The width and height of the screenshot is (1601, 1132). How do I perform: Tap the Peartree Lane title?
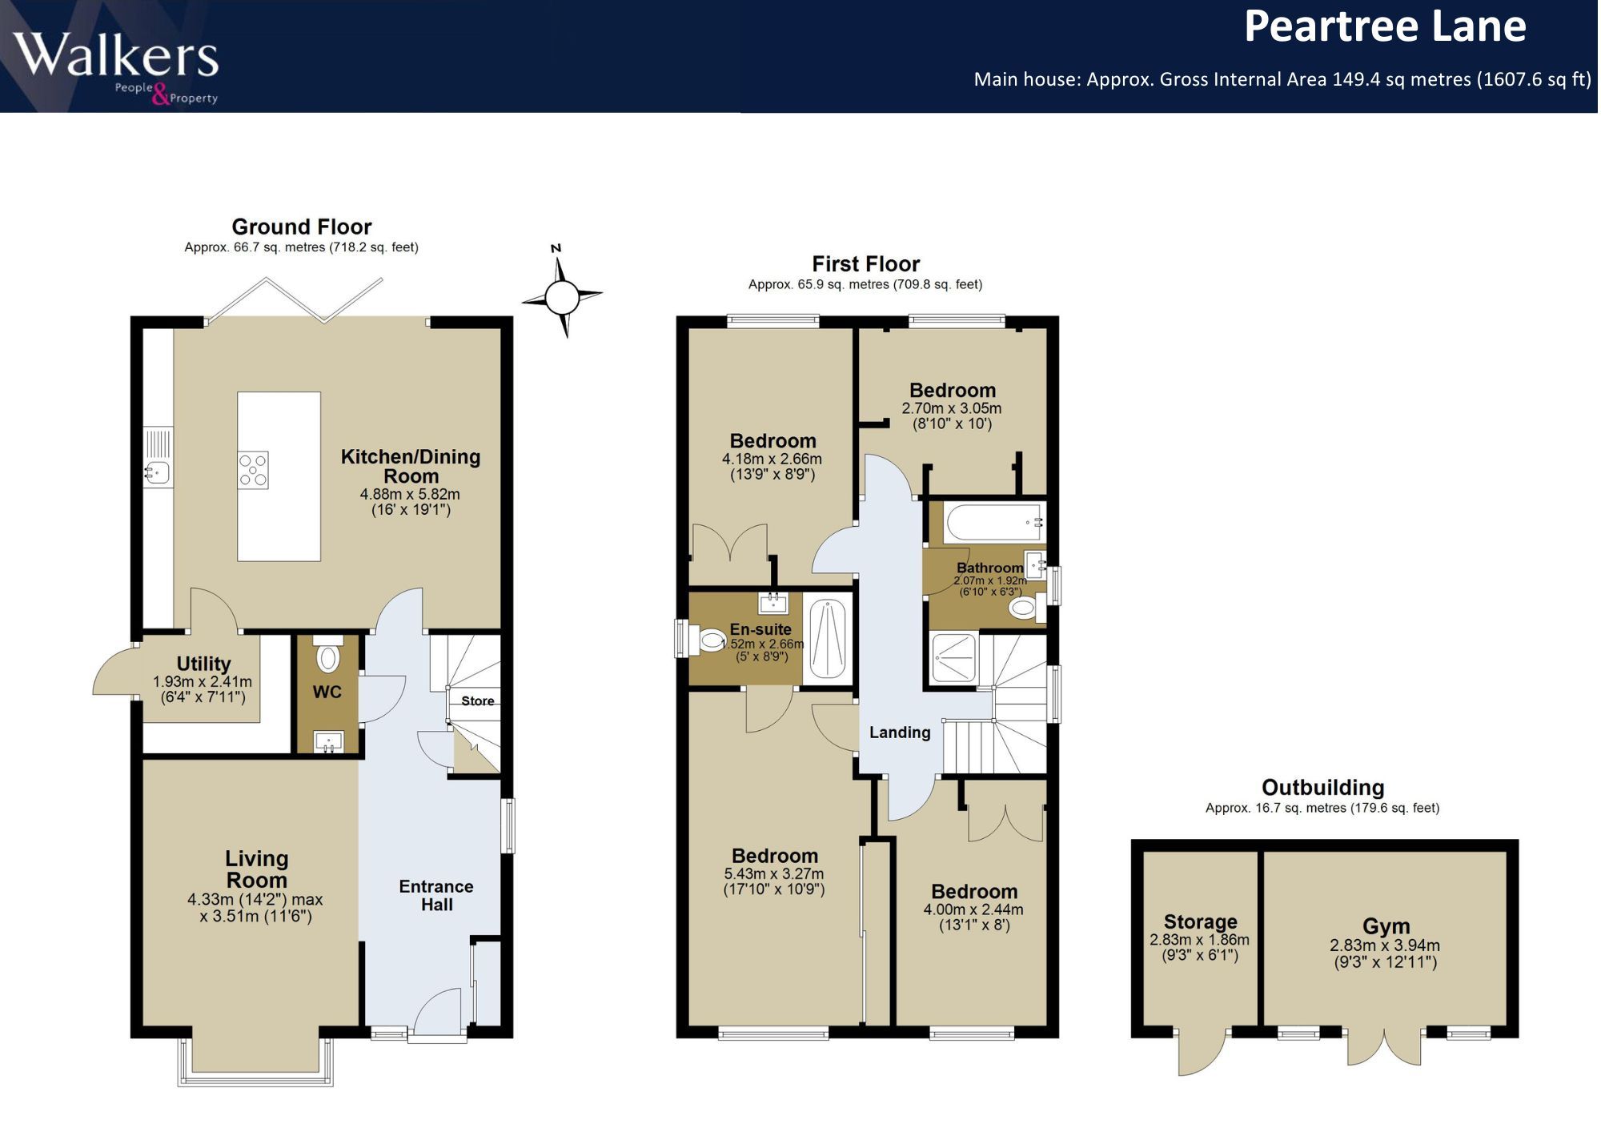(x=1385, y=26)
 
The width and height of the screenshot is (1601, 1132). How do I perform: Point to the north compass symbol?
(x=562, y=292)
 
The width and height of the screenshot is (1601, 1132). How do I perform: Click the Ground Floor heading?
(x=302, y=227)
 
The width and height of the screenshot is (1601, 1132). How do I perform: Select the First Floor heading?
(x=865, y=263)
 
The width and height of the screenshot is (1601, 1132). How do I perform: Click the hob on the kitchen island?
(x=253, y=470)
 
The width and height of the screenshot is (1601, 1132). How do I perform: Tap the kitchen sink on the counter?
(x=158, y=472)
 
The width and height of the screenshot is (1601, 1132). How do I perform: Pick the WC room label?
(x=327, y=692)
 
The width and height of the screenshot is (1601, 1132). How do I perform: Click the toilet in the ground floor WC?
(x=328, y=654)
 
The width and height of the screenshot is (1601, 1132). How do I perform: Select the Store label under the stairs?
(x=478, y=700)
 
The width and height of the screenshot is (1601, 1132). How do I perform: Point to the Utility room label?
(x=203, y=664)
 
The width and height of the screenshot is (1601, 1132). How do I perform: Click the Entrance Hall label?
(x=436, y=896)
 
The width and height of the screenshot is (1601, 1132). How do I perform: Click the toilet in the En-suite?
(x=710, y=640)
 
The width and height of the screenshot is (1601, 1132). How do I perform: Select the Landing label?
(x=900, y=733)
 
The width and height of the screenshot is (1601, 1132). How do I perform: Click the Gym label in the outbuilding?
(x=1386, y=926)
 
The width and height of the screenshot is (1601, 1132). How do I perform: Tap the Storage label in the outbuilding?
(x=1200, y=922)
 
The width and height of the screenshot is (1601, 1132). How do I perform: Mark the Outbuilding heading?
(x=1322, y=787)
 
